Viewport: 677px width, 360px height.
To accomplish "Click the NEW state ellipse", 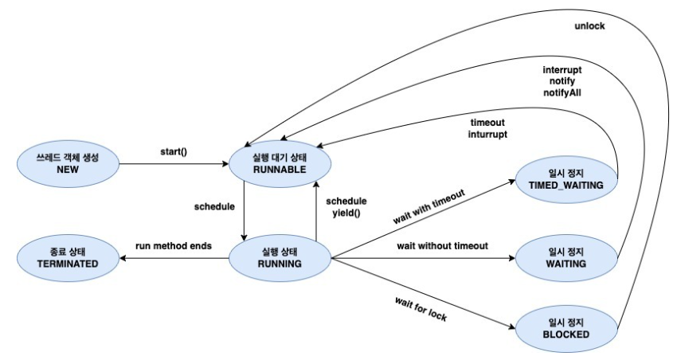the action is tap(68, 164).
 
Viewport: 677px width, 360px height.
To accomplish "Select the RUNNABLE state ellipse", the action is tap(280, 164).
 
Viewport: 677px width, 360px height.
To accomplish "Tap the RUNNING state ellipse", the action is tap(280, 258).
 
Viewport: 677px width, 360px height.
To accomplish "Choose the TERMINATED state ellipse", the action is tap(68, 258).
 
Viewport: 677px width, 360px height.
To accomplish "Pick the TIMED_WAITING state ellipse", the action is tap(566, 179).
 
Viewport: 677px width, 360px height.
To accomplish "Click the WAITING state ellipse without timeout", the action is tap(566, 258).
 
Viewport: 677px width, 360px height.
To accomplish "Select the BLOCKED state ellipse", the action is tap(566, 329).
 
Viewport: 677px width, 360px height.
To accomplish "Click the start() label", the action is tap(174, 152).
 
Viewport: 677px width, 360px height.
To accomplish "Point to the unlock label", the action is tap(589, 26).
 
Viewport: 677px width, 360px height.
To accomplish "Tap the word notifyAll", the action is tap(562, 93).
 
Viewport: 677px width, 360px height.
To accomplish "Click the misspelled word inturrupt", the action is tap(487, 135).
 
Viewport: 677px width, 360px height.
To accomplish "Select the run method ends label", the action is tap(174, 246).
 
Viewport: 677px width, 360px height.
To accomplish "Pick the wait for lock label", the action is tap(421, 309).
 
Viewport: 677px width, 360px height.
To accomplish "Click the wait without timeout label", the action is tap(443, 246).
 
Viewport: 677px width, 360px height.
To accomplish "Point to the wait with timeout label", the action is tap(429, 207).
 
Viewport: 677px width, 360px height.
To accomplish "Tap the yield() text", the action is tap(346, 213).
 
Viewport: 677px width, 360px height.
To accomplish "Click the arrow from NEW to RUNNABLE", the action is tap(174, 164).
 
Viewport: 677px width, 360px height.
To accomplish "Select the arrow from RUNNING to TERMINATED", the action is tap(174, 258).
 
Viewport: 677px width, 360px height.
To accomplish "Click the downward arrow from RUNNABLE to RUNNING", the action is tap(244, 210).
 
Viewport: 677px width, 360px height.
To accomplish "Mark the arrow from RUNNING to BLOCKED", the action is tap(423, 294).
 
